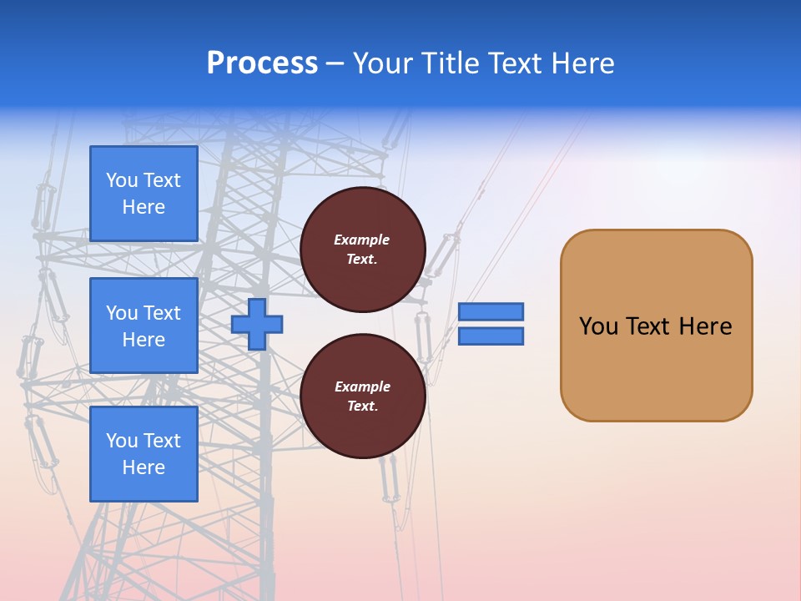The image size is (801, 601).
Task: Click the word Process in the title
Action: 262,63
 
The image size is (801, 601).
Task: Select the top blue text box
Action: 144,194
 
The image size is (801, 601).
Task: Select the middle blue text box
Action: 144,326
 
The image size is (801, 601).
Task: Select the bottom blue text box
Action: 144,454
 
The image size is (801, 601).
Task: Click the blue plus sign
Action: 257,324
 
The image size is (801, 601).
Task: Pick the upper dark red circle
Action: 362,250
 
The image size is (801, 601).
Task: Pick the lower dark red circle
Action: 362,396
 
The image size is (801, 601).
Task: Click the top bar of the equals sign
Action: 491,311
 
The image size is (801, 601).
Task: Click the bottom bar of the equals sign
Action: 491,336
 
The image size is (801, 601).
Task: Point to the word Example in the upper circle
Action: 361,240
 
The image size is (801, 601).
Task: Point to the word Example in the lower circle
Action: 362,386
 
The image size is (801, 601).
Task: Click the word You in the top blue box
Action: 122,180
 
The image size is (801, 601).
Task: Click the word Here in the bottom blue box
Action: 144,467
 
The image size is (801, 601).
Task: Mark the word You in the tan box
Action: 598,326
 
